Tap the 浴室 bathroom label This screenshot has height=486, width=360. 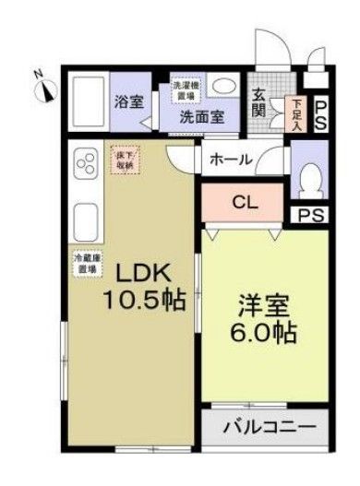[x=128, y=102]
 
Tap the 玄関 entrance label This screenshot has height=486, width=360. [x=260, y=102]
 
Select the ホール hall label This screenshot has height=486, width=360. [x=231, y=159]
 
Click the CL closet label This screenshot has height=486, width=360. [x=245, y=200]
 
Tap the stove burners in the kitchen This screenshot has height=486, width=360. [x=88, y=167]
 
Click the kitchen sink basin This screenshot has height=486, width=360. [x=87, y=222]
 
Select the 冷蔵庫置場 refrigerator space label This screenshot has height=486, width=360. [x=89, y=265]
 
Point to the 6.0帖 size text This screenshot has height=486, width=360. [x=265, y=334]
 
